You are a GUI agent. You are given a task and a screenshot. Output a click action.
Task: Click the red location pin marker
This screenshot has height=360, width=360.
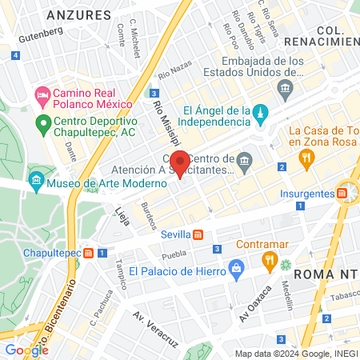(x=181, y=163)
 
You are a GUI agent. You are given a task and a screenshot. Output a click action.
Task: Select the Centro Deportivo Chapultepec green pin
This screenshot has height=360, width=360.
(x=42, y=124)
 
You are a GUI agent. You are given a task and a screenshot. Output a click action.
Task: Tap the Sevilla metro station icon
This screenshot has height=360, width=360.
(x=198, y=234)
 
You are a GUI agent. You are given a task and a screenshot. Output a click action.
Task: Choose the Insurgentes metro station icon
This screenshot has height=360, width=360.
(x=342, y=193)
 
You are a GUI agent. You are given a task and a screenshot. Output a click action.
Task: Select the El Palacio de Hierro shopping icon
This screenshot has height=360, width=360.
(x=235, y=269)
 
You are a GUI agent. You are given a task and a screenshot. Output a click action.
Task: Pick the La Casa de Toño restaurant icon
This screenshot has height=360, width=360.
(x=305, y=158)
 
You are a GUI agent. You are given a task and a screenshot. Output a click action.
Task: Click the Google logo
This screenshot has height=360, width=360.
(x=26, y=350)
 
